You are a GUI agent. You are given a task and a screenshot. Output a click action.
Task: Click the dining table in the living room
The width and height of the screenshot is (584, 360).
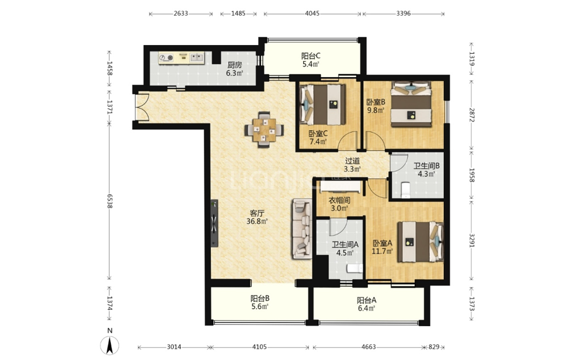point(264,130)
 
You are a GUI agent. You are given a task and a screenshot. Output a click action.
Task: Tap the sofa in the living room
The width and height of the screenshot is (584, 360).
point(302,229)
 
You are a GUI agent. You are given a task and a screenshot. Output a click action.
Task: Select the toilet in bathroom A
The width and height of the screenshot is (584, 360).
point(354,269)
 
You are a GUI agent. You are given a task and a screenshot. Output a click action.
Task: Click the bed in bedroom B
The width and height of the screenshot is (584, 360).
point(411,105)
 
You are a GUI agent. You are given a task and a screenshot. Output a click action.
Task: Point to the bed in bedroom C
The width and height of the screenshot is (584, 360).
point(322,105)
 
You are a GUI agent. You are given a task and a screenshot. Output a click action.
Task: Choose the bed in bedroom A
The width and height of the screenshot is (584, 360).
point(420,242)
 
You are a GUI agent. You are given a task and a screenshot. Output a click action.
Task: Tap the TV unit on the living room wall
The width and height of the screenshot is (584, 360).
point(214,224)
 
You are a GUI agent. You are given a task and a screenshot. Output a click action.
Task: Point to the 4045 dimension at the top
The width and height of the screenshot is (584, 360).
point(312,13)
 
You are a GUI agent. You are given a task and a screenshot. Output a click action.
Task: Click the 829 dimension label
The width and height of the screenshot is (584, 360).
point(434,347)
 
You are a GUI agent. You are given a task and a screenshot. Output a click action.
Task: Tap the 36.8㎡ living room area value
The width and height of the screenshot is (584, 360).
point(257,221)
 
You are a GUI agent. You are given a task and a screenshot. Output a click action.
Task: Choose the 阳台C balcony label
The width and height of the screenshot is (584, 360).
point(311,56)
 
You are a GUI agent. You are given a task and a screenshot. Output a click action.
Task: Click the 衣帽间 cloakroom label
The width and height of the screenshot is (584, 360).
point(339,200)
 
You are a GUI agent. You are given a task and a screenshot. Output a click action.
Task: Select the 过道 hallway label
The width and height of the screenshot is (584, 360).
point(352,161)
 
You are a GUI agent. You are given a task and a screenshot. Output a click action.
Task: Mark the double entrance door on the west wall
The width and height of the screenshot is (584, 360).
point(142,106)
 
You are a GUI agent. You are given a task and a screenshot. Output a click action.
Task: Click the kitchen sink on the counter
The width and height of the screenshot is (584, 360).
point(197,57)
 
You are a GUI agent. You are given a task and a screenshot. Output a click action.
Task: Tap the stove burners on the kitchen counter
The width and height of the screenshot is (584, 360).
point(166,57)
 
